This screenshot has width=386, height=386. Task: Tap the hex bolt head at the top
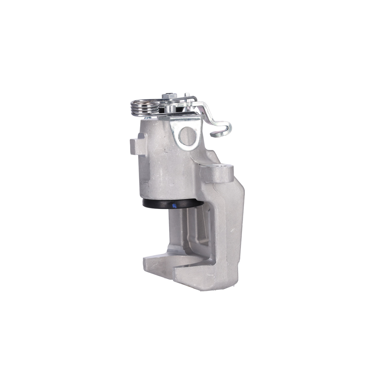(169, 96)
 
